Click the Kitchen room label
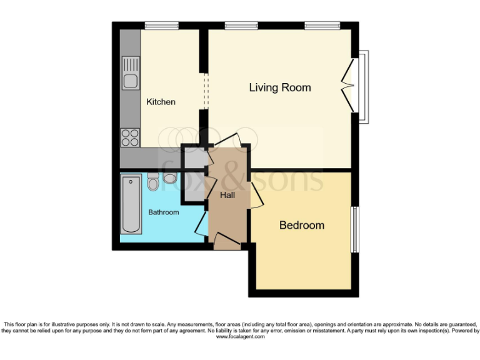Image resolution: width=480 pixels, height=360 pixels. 161,102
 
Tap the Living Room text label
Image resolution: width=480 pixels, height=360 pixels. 280,87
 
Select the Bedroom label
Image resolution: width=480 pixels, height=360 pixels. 302,225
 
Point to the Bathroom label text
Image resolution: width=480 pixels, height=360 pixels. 163,212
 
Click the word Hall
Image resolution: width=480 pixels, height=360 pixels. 227,196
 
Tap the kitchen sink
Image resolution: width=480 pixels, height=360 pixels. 131,73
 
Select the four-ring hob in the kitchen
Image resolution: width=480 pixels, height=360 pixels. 130,137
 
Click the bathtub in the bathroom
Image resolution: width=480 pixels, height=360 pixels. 131,204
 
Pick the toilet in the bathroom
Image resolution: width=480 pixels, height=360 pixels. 152,182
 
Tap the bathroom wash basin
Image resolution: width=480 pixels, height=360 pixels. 169,178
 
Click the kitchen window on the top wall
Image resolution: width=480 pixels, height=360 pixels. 161,26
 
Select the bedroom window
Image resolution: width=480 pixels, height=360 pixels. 354,229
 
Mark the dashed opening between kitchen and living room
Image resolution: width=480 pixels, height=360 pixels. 204,92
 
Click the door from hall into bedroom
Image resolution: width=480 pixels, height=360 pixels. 255,196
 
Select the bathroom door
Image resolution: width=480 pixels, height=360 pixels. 202,222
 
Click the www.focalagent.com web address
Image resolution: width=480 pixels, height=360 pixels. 240,337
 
